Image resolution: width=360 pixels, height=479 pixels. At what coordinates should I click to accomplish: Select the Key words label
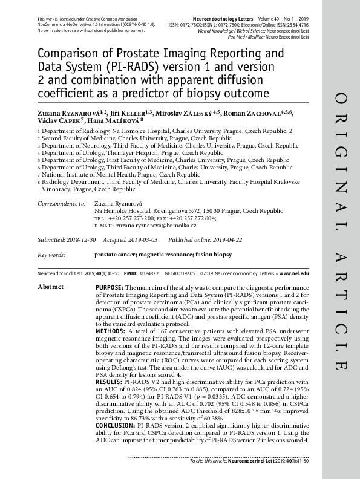[51, 255]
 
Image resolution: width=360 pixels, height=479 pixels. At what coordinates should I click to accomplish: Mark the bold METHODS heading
[110, 330]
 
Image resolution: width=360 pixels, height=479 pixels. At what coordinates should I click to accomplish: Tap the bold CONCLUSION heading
[115, 426]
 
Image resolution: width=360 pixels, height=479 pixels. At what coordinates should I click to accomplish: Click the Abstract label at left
[50, 286]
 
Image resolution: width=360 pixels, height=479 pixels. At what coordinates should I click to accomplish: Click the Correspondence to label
[61, 204]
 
